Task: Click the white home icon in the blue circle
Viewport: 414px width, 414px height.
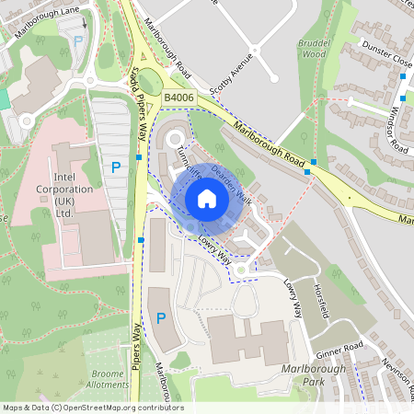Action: [207, 199]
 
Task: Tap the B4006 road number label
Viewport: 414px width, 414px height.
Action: [179, 97]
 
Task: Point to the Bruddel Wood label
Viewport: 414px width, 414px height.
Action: [313, 48]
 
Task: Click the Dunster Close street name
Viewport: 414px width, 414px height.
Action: [387, 58]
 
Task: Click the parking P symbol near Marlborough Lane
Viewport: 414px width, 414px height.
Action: [78, 41]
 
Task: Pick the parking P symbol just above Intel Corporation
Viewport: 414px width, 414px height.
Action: [116, 167]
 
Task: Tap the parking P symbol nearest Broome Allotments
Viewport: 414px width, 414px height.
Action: [161, 318]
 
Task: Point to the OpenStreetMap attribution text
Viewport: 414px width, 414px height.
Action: [92, 408]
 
